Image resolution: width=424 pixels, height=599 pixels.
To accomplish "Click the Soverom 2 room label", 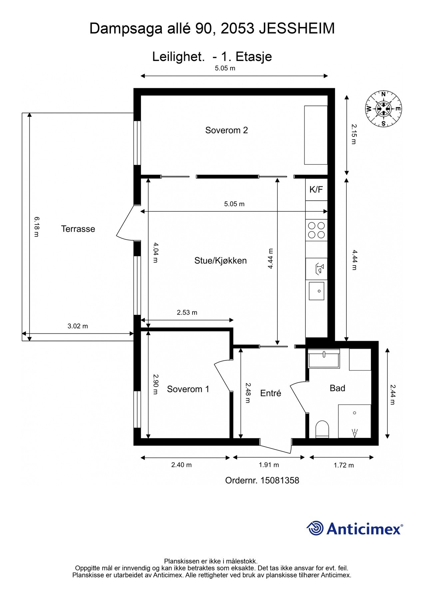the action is point(226,130).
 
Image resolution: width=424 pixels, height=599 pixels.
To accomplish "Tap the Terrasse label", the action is point(78,229).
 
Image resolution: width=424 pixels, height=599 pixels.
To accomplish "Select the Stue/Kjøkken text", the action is point(220,261).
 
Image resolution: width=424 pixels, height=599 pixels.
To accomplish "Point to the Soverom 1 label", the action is point(188,389).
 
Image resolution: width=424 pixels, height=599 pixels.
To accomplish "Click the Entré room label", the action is point(270,393).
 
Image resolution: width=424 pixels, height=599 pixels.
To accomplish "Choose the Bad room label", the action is point(337,388).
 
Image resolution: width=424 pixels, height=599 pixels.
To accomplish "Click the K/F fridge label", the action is point(316,190).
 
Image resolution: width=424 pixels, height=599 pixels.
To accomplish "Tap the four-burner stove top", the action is point(316,230).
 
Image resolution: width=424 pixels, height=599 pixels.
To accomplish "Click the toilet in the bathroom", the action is point(322,429).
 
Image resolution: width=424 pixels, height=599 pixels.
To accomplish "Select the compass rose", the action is point(383,109).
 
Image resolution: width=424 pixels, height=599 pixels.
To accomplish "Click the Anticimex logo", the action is point(355,528).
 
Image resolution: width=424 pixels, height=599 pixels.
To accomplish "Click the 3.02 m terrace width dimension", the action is point(78,326).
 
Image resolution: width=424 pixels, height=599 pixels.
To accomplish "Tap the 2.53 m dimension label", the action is point(187,312).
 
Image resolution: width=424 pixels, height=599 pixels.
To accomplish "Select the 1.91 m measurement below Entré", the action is point(269,465).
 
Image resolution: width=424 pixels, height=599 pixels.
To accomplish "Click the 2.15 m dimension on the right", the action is point(354,134).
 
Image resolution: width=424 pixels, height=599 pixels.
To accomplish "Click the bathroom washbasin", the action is point(324,359).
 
